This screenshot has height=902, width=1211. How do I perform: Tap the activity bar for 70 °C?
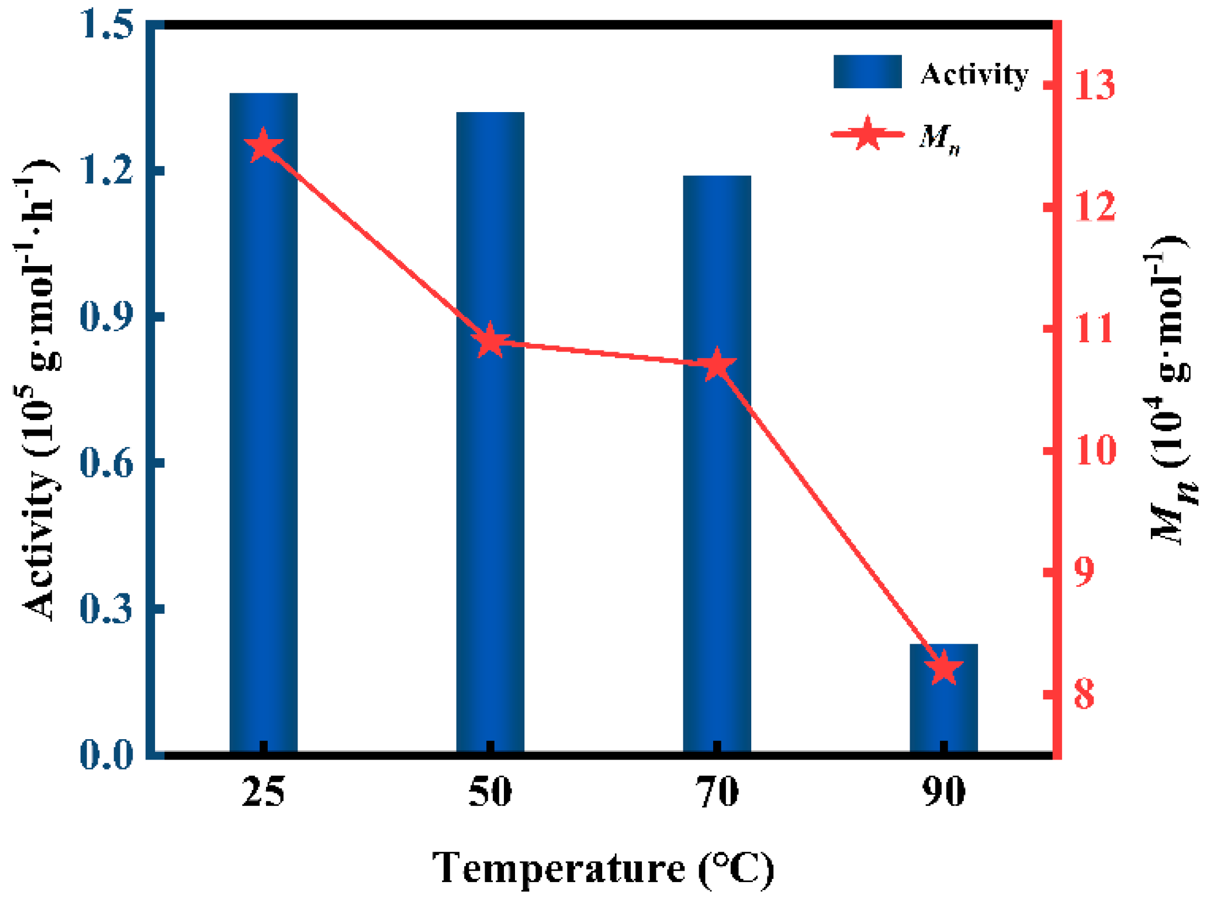(716, 464)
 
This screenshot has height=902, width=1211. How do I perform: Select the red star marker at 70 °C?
(716, 365)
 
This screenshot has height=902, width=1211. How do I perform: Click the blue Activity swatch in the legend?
(867, 72)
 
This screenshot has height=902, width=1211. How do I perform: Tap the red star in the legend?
(867, 134)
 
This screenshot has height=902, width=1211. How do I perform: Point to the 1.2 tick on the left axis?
(106, 169)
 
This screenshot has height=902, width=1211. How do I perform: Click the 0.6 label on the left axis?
(106, 462)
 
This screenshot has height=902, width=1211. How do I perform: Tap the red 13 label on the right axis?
(1095, 85)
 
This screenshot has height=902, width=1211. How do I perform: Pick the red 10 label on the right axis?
(1095, 450)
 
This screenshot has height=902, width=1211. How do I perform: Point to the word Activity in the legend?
(974, 74)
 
